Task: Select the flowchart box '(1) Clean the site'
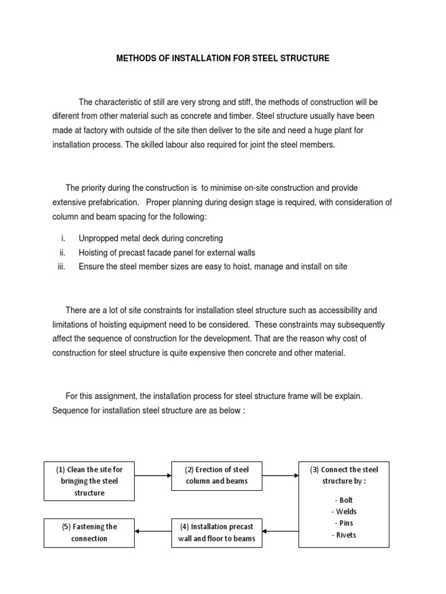point(89,481)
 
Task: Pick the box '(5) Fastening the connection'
point(89,533)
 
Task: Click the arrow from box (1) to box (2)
point(153,476)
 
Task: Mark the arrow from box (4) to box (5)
point(153,530)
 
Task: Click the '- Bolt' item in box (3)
point(344,500)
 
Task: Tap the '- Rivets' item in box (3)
point(344,535)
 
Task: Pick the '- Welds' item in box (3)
point(344,512)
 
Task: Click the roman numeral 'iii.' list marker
point(62,266)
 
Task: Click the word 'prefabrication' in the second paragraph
point(111,202)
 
